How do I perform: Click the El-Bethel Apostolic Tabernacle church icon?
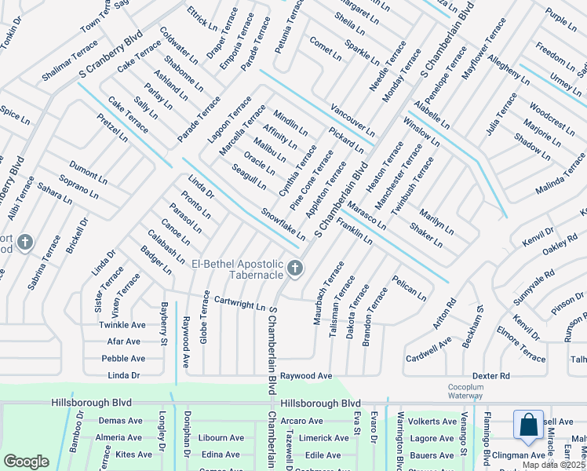point(295,269)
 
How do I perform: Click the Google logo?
point(26,462)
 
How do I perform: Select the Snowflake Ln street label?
point(283,224)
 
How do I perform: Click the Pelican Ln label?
point(410,288)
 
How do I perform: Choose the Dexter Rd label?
point(492,376)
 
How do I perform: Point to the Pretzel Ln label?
point(112,128)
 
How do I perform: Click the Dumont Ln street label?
point(88,170)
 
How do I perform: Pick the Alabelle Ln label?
point(432,115)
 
